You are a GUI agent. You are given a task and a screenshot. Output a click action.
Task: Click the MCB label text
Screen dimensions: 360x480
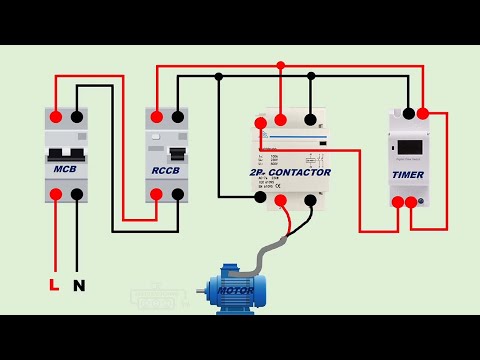tap(65, 170)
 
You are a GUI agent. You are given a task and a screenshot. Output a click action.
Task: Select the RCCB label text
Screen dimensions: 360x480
tap(165, 170)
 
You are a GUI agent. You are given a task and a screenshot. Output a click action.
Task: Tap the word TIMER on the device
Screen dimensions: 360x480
tap(408, 175)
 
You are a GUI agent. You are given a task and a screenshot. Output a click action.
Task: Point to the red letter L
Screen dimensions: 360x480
tap(55, 285)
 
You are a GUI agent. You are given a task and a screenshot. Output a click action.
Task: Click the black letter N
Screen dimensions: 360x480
tap(79, 285)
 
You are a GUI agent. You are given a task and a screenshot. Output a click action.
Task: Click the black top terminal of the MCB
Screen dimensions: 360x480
tap(77, 116)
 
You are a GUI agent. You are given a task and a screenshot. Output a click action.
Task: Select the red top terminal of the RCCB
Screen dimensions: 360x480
tap(156, 116)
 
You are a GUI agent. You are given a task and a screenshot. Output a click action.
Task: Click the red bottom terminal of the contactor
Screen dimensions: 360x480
tap(282, 200)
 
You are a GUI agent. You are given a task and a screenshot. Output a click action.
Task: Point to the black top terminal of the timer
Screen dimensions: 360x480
tap(408, 114)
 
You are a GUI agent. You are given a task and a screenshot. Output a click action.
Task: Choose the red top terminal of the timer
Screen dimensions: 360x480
tap(426, 114)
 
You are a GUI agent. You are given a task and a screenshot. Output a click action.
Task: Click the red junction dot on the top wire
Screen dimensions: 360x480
tap(282, 65)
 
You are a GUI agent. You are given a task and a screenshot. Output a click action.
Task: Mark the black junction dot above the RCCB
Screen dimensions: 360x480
tap(219, 76)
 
